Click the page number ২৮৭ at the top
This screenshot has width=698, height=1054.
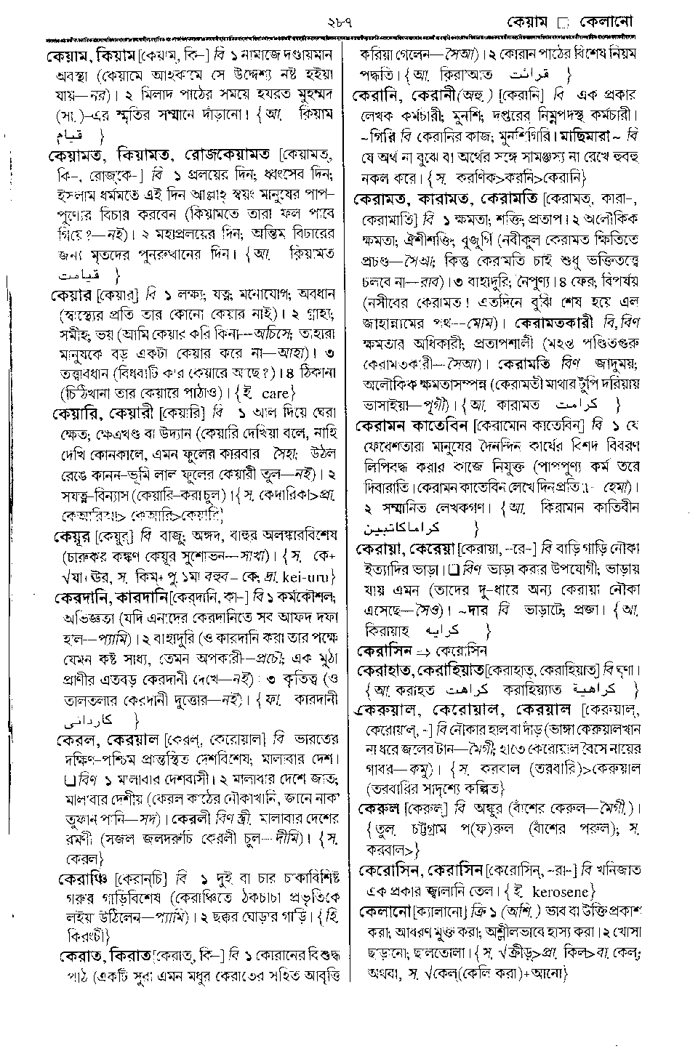click(350, 9)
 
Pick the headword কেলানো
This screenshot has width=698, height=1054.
click(386, 910)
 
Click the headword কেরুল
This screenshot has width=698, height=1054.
click(380, 807)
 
